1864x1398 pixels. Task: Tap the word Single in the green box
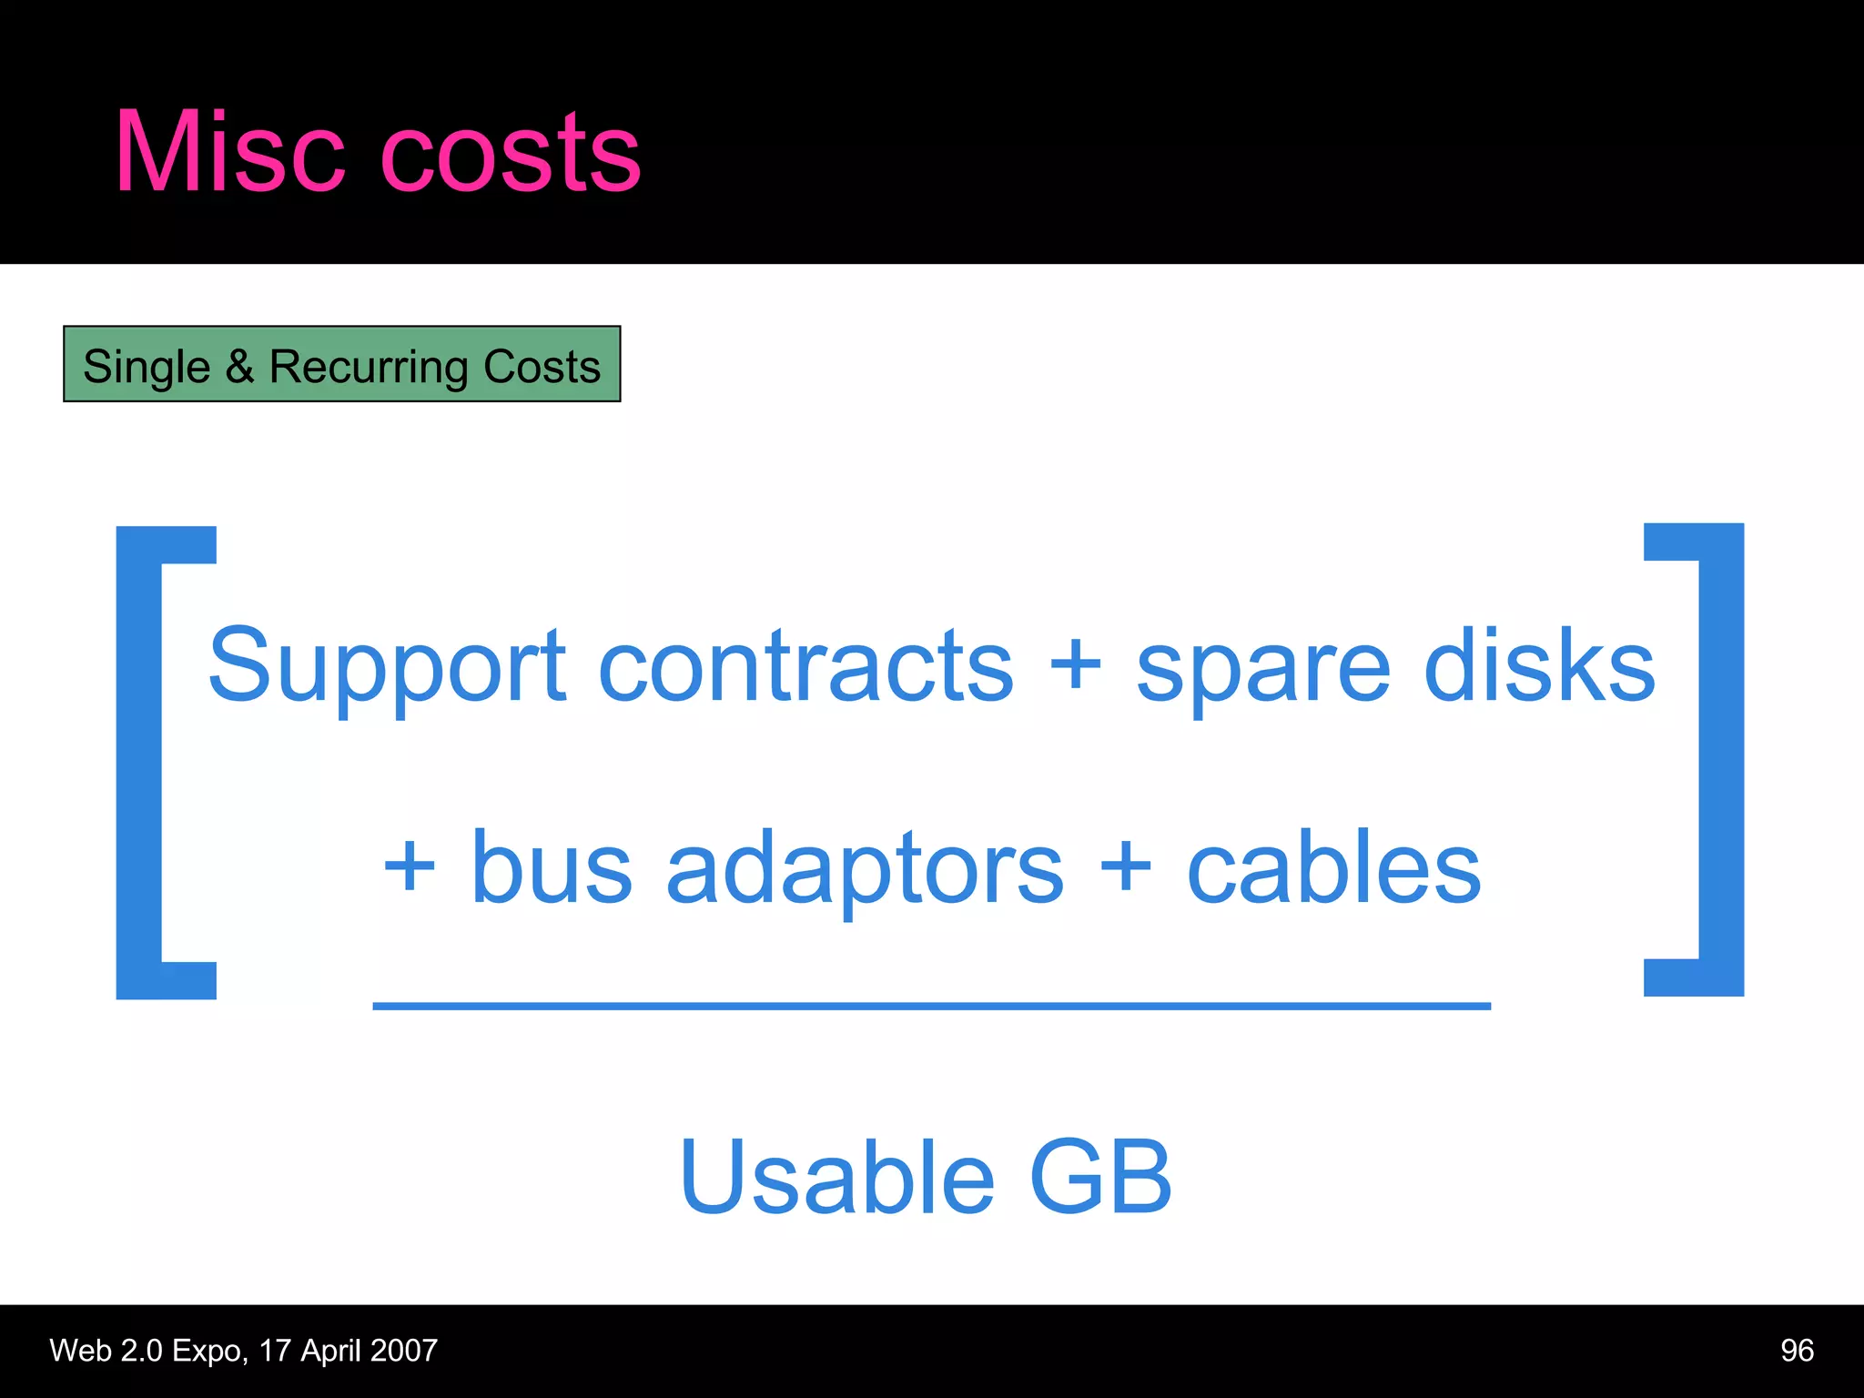147,367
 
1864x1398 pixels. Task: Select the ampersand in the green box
239,366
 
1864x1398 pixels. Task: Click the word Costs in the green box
542,366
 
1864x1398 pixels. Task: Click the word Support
387,666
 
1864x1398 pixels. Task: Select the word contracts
805,666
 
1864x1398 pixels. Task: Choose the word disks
1538,666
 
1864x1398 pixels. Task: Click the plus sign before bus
410,866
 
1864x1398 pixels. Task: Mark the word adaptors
864,869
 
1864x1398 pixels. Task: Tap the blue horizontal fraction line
931,1006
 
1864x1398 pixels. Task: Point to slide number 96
1797,1350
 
